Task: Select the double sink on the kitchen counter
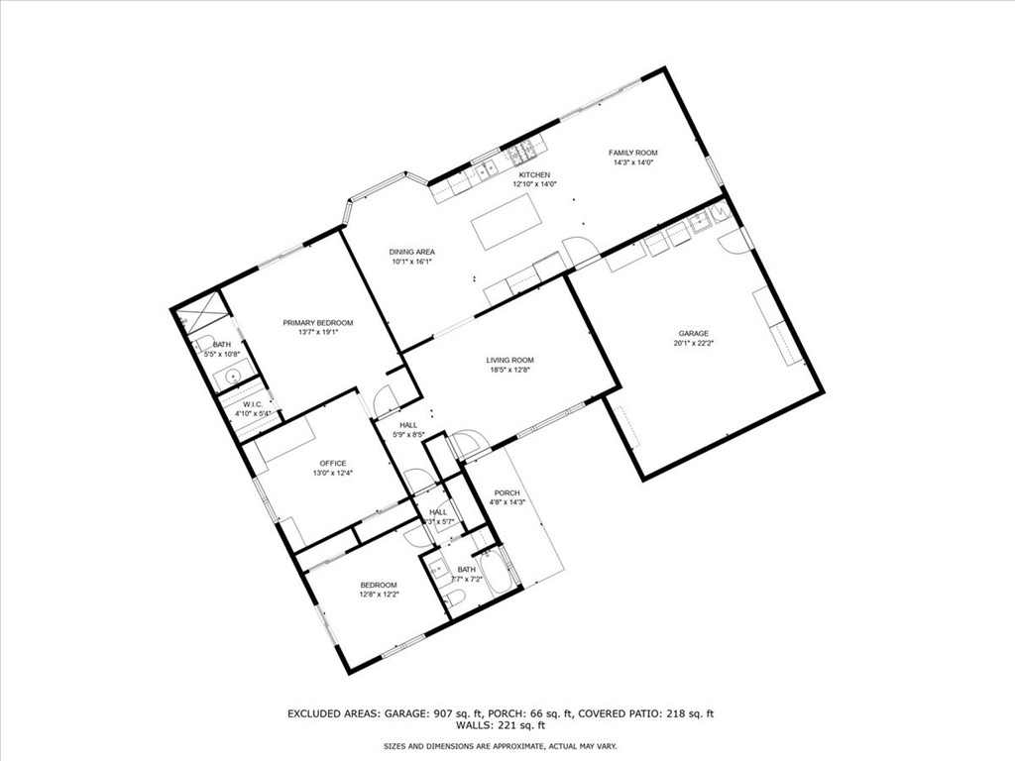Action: click(x=487, y=169)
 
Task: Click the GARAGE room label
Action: click(x=693, y=334)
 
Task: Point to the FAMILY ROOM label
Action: click(x=632, y=153)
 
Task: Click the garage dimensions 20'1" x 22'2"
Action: click(x=693, y=344)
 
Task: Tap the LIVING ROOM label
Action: click(x=509, y=360)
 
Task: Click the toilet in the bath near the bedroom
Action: click(x=455, y=597)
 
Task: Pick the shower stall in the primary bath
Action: click(x=206, y=316)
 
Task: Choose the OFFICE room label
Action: click(x=332, y=463)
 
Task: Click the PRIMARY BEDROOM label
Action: click(x=317, y=323)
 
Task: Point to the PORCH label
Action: click(x=507, y=492)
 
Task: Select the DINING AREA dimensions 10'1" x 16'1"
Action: click(x=411, y=263)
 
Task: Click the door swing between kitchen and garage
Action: click(x=580, y=250)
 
